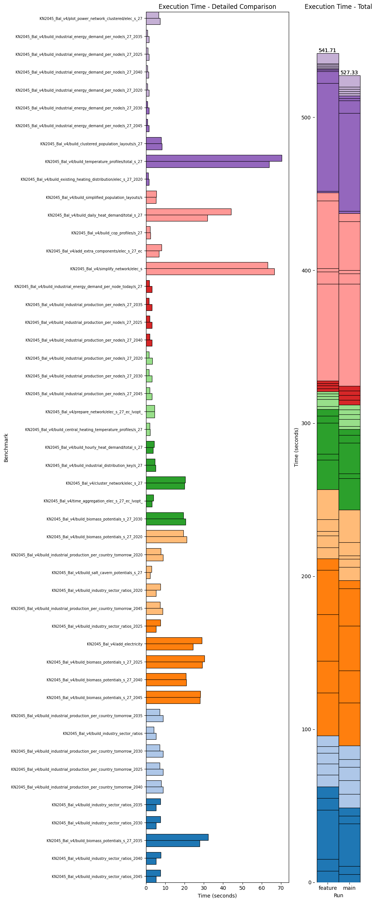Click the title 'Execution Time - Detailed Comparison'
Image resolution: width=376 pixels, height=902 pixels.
[217, 7]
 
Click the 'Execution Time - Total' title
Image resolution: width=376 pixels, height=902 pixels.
[338, 7]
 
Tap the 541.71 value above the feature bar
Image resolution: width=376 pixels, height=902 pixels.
[327, 50]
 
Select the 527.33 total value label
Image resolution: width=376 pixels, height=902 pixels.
[349, 73]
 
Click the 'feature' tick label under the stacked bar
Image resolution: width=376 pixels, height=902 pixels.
[328, 888]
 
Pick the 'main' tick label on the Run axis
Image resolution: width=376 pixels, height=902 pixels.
[349, 888]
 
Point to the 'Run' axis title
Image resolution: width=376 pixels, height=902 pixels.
[338, 895]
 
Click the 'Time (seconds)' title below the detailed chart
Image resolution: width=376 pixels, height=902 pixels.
[217, 896]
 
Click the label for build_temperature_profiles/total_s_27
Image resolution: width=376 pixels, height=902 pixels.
[94, 162]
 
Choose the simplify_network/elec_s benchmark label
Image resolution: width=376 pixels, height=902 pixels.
[106, 269]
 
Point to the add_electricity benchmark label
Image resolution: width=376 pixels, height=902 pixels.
[115, 644]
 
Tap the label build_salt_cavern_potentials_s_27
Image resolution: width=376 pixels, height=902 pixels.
[97, 573]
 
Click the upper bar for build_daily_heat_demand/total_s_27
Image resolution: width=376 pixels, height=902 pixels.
[189, 212]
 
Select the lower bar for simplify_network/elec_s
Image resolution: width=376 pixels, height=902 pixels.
[210, 272]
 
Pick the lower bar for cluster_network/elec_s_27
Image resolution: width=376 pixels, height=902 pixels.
[165, 486]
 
